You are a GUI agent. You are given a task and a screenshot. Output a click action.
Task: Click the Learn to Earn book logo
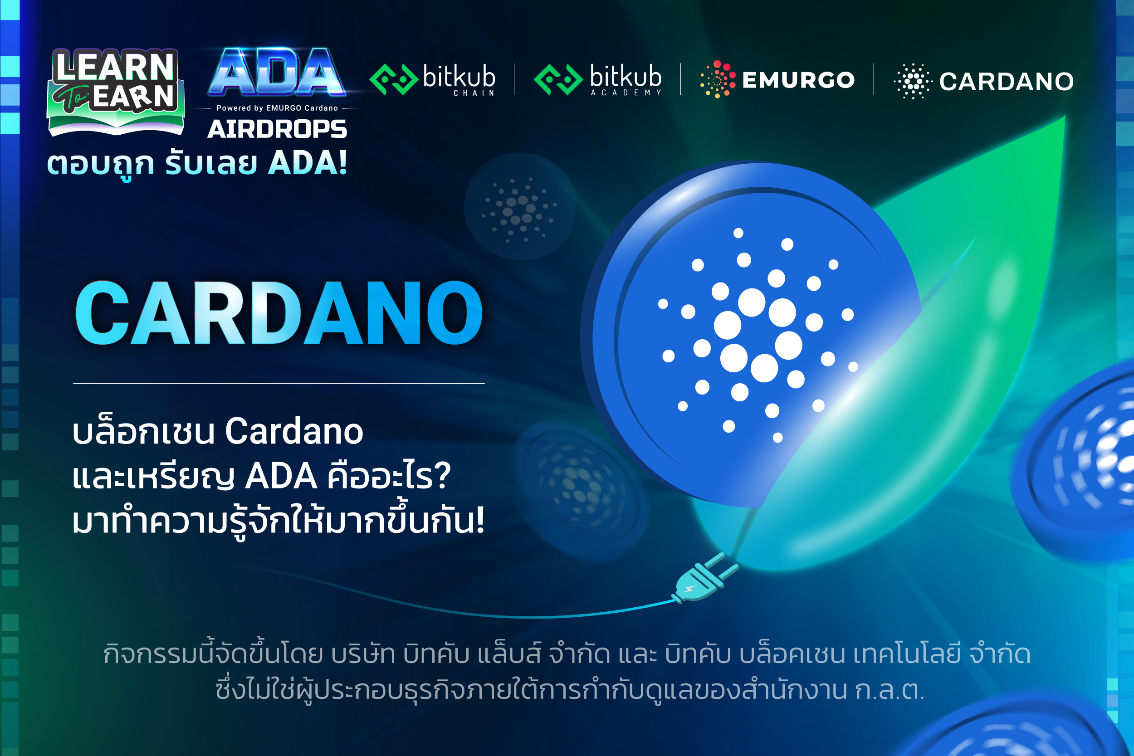[x=116, y=92]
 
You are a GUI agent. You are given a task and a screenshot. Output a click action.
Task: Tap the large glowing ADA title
[x=277, y=72]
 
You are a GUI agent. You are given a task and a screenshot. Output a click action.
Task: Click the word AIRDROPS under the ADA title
[x=277, y=129]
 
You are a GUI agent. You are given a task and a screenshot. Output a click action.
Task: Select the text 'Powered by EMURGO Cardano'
[x=277, y=108]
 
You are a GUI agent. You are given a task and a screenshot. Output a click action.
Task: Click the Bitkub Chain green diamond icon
[x=393, y=79]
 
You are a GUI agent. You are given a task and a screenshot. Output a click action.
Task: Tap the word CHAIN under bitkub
[x=474, y=93]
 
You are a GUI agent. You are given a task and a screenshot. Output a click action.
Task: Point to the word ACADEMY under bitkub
[x=626, y=93]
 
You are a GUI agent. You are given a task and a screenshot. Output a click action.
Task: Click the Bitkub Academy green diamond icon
[x=558, y=79]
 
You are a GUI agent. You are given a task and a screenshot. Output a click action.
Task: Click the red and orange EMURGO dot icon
[x=718, y=79]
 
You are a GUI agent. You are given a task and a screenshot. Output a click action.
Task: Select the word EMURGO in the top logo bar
[x=798, y=80]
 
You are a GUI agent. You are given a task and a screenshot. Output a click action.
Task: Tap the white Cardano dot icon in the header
[x=912, y=81]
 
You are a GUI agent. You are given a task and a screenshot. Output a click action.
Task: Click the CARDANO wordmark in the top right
[x=1006, y=82]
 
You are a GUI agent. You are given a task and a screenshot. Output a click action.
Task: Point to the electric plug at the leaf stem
[x=705, y=579]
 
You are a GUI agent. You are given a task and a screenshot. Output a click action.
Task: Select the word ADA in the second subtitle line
[x=281, y=476]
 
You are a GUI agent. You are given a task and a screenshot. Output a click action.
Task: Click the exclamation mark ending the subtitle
[x=479, y=521]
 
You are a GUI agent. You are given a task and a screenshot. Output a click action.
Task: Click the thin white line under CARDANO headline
[x=279, y=383]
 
